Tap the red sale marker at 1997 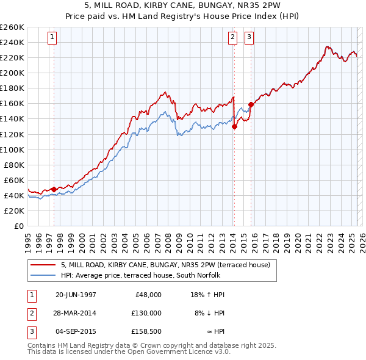tap(54, 189)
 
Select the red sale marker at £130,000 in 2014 tap(234, 126)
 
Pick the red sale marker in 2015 tap(250, 104)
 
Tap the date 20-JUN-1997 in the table tap(76, 294)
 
